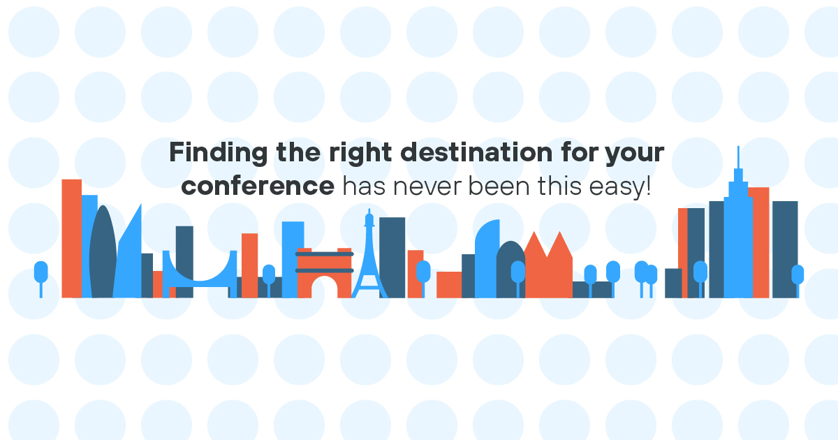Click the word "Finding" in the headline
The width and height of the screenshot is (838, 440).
219,154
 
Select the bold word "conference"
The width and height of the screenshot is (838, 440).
258,186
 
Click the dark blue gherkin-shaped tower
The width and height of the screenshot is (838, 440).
103,251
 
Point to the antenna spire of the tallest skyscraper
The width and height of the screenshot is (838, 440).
738,158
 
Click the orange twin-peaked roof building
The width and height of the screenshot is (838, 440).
548,265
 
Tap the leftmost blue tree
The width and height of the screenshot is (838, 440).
41,279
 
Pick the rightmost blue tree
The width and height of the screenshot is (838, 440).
797,281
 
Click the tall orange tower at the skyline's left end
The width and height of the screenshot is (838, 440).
71,239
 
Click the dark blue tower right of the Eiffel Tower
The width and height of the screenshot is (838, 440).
392,258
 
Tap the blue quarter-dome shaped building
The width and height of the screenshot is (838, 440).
487,259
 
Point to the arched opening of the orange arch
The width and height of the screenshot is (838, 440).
324,287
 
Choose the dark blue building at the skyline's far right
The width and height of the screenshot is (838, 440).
785,249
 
